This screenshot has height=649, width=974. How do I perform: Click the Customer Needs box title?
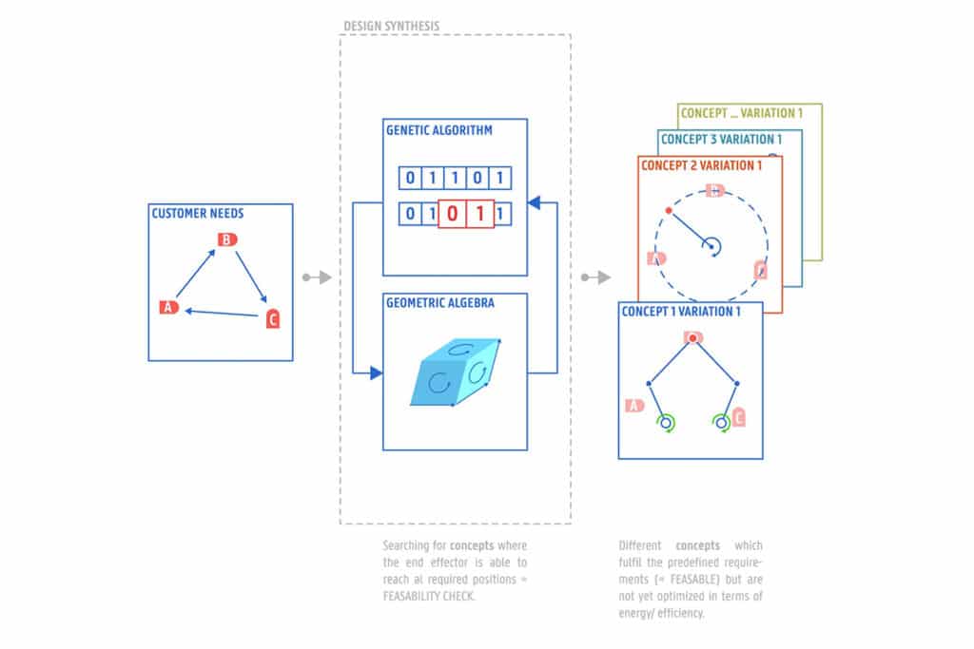point(197,214)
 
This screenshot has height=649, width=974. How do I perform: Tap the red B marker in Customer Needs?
point(227,239)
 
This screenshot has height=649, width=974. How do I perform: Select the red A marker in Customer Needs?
point(169,307)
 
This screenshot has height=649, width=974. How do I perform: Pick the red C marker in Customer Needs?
point(273,319)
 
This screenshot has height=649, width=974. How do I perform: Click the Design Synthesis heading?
point(391,26)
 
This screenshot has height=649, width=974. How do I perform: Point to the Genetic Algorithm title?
point(439,130)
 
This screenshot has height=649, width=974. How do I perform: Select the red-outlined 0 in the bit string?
point(453,213)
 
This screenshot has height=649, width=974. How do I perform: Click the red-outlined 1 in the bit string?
point(480,213)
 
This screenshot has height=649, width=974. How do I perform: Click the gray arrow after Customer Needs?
point(317,277)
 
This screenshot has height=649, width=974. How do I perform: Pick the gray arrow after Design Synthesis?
point(596,277)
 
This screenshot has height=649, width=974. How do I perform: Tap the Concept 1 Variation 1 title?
point(679,311)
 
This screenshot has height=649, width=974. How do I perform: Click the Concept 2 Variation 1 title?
point(701,165)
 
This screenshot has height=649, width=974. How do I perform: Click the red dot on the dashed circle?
point(670,209)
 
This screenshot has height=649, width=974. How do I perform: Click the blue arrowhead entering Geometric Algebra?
point(377,373)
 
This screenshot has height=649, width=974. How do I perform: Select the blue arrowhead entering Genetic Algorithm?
point(534,201)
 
